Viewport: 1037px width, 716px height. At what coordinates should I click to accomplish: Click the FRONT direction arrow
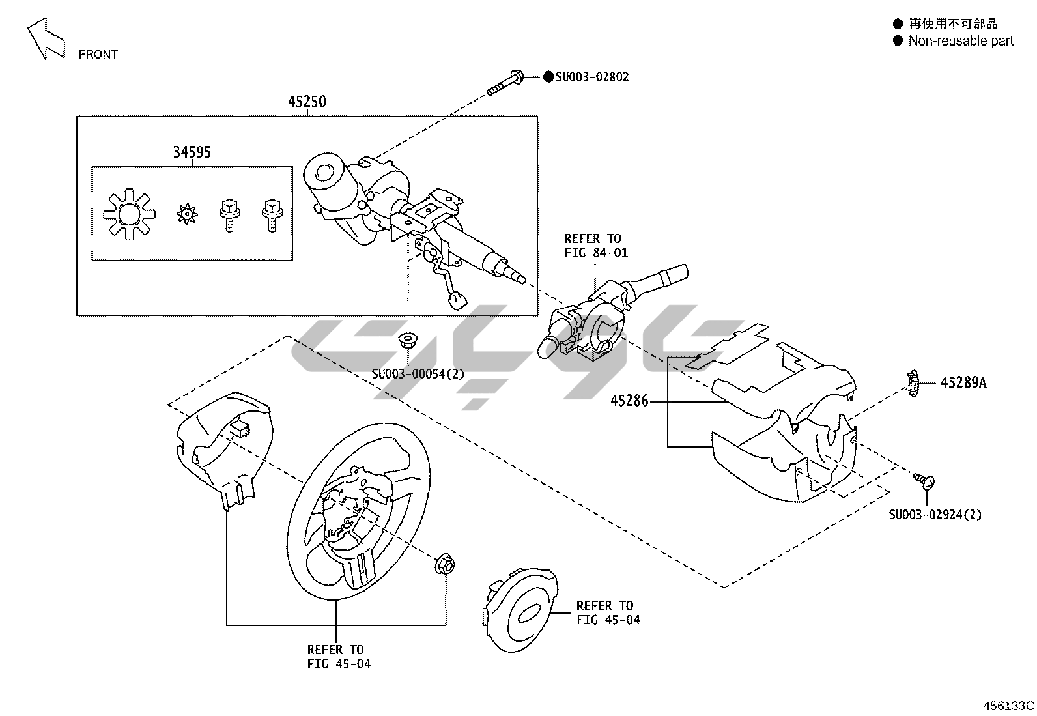click(46, 38)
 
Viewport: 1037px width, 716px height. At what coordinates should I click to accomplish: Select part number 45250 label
click(307, 102)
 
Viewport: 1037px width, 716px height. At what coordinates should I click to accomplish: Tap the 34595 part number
click(192, 152)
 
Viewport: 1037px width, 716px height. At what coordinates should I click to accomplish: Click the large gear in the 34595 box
click(130, 213)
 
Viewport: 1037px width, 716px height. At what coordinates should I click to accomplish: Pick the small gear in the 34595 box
click(187, 212)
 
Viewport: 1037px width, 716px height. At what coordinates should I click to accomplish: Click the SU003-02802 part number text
click(591, 77)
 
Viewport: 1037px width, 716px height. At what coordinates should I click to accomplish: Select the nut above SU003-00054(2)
click(408, 339)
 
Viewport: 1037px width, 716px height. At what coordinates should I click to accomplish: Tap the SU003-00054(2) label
click(418, 374)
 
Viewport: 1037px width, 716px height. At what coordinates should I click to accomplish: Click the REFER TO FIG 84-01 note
click(596, 246)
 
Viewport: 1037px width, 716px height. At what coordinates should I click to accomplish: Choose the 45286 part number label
click(629, 401)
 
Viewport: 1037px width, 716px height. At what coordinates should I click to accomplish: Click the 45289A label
click(963, 383)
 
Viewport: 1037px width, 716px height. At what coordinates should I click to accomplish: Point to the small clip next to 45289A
click(913, 383)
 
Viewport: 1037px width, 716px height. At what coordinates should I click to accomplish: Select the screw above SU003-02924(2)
click(924, 480)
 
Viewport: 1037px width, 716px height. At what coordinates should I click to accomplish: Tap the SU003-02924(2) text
click(935, 515)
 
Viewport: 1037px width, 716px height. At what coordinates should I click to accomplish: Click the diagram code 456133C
click(1008, 706)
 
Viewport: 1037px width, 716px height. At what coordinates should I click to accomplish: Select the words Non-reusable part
click(961, 41)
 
